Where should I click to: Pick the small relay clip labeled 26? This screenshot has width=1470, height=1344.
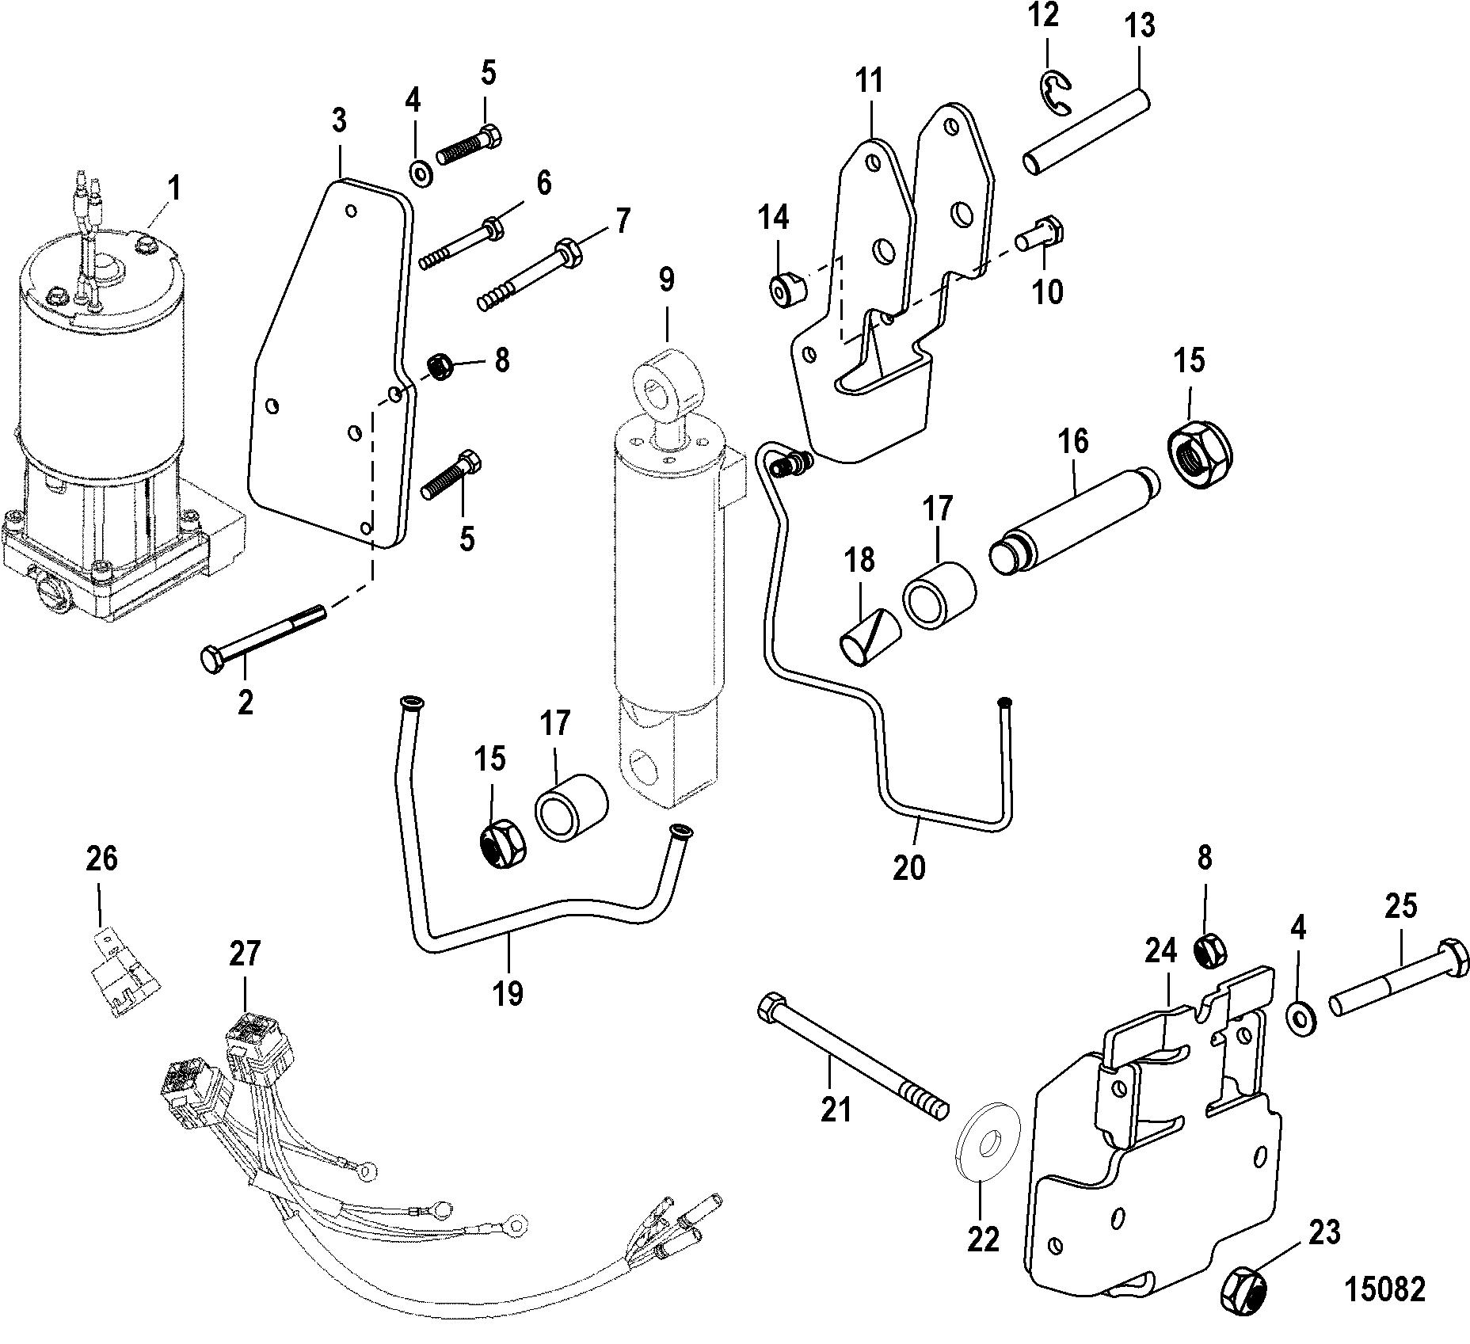pos(121,973)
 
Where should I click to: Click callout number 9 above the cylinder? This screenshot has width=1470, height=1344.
pos(666,279)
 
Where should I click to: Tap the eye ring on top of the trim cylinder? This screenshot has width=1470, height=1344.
pos(668,383)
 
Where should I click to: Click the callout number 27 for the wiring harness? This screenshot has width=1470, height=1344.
pos(245,953)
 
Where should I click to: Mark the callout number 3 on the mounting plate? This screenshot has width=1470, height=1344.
pos(339,121)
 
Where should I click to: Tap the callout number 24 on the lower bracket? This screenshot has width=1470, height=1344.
pos(1160,953)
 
